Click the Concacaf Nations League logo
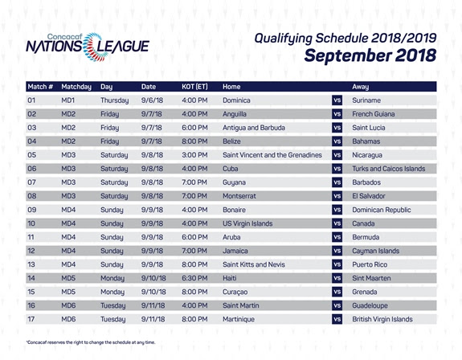coord(88,47)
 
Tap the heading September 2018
coord(370,55)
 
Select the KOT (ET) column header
coord(194,87)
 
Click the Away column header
coord(360,87)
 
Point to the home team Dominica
coord(236,100)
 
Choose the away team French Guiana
coord(374,114)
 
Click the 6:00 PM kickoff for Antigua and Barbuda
coord(194,128)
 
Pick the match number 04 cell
coord(32,141)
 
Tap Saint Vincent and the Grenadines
coord(272,155)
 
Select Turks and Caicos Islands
coord(389,169)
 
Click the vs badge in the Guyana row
coord(337,182)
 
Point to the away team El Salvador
coord(369,196)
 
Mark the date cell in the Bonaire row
coord(152,210)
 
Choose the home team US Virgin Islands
coord(247,223)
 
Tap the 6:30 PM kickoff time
coord(194,278)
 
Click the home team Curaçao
coord(235,292)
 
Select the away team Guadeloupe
coord(370,306)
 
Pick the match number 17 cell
coord(31,319)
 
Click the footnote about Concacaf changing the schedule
coord(91,342)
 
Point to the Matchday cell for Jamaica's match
coord(68,251)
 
